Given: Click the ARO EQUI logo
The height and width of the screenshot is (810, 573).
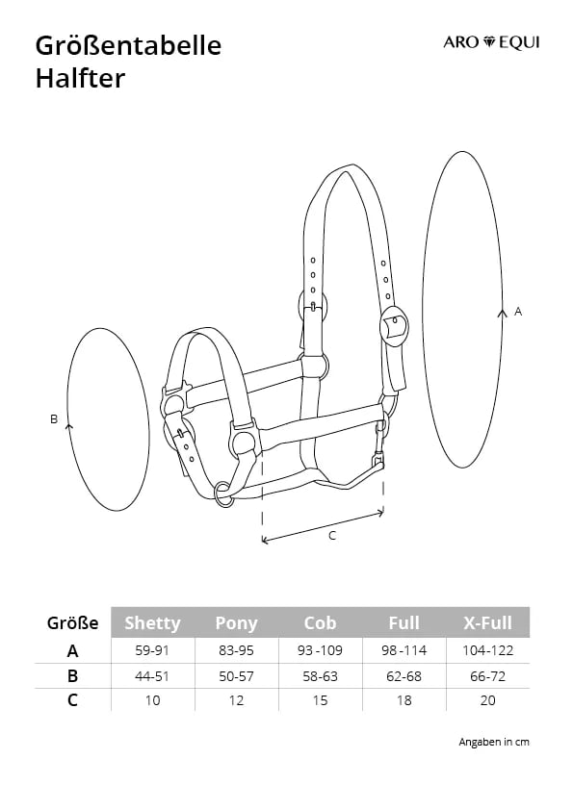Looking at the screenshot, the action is (x=491, y=42).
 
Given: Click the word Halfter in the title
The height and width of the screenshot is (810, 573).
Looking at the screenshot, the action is (x=80, y=79).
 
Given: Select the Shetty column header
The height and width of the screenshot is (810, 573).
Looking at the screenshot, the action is (x=152, y=622).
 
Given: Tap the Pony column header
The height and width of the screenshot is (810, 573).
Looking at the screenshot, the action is (x=236, y=623).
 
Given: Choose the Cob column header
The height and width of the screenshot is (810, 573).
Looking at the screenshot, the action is (x=320, y=622).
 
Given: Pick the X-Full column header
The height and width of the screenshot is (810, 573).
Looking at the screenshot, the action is (x=487, y=622).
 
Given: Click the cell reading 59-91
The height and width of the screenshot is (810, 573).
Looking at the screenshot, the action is (x=152, y=650).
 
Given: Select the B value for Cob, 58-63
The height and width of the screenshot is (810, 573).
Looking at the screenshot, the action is (x=320, y=675).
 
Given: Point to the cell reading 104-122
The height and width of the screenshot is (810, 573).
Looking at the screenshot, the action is (x=487, y=650).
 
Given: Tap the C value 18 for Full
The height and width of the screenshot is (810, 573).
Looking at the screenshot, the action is (x=404, y=700).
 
